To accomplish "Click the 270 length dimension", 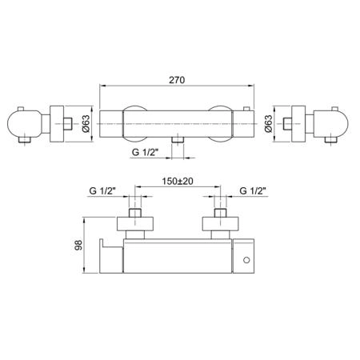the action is click(x=177, y=80).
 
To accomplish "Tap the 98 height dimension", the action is click(x=79, y=245).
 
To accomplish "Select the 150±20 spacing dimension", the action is click(x=178, y=182).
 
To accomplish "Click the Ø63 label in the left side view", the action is click(x=86, y=124).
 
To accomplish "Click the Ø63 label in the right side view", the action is click(x=269, y=124).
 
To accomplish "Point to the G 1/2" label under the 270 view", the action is click(x=146, y=152).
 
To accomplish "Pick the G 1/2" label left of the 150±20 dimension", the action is click(x=102, y=191).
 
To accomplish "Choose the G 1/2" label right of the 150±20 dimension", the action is click(x=253, y=191).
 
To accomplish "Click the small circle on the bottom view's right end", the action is click(x=246, y=260).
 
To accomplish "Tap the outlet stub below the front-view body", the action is click(x=178, y=141).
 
